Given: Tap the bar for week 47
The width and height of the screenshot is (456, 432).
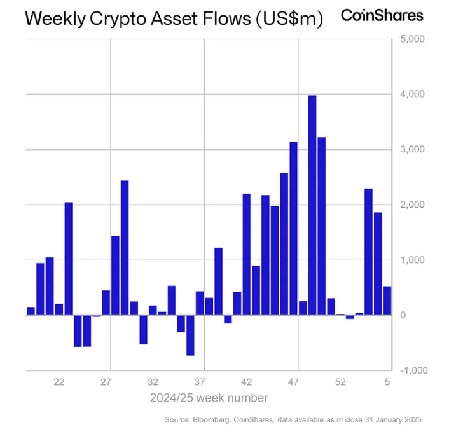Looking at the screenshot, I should (x=293, y=228).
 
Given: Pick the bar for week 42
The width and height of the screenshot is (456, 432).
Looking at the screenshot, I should (x=247, y=254).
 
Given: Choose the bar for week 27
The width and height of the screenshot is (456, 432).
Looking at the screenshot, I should (x=106, y=302).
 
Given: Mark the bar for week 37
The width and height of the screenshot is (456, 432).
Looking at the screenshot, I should (x=200, y=303).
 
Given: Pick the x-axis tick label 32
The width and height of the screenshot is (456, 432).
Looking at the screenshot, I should (x=153, y=382).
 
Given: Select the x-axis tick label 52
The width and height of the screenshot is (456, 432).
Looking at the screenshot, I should (x=341, y=382).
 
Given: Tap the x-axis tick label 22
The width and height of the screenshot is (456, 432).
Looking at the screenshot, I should (x=59, y=382).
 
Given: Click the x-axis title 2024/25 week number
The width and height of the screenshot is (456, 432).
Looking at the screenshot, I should (x=209, y=398).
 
